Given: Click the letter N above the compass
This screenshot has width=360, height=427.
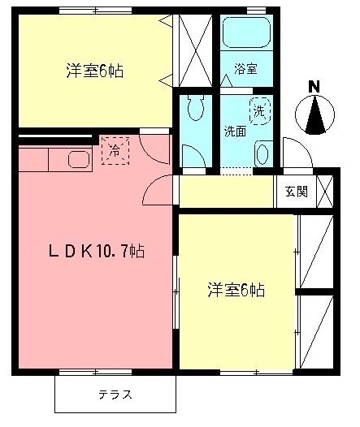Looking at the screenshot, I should (x=314, y=87).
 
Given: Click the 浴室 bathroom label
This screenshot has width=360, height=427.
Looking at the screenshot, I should (x=245, y=69).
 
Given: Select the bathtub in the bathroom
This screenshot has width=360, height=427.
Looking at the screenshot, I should (x=245, y=33).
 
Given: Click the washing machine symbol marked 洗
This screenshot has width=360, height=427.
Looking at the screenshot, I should (x=258, y=110).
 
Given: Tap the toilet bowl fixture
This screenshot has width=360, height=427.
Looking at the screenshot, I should (x=195, y=107).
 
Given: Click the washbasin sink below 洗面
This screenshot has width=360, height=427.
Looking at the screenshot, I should (x=262, y=153).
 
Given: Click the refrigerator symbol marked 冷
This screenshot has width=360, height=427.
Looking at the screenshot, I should (x=115, y=150).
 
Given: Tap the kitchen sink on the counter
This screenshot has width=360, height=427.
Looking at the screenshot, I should (x=78, y=158).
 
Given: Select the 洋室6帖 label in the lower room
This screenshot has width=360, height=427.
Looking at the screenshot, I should (x=235, y=289).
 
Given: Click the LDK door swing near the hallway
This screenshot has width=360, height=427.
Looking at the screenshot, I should (x=157, y=192).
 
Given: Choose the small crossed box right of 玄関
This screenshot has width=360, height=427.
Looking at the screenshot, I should (x=323, y=192).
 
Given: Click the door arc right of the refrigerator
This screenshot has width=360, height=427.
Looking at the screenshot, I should (x=153, y=146).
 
